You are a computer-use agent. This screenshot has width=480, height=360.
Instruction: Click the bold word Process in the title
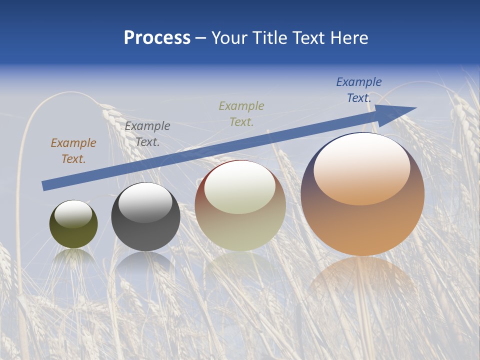[x=157, y=38]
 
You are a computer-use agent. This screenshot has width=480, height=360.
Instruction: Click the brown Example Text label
[x=73, y=151]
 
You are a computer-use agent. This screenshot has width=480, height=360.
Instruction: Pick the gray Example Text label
[x=147, y=134]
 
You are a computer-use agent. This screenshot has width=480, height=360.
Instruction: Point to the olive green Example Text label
[x=241, y=113]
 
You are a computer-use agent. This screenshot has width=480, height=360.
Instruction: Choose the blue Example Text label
[x=359, y=90]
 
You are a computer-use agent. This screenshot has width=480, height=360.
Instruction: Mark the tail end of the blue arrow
[x=45, y=185]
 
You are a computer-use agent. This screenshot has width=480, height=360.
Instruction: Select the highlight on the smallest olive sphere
[x=73, y=213]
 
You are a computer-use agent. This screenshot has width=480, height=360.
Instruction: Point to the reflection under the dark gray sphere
[x=145, y=262]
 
